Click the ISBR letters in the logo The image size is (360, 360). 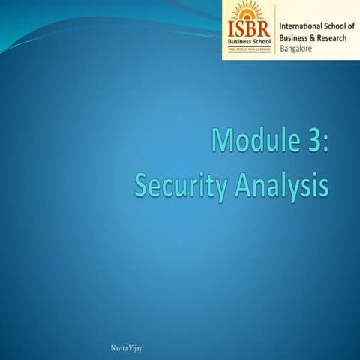(x=250, y=31)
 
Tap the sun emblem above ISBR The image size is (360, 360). (x=250, y=13)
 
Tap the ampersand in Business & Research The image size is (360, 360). (x=313, y=37)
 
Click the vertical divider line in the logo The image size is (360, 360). (x=275, y=30)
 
